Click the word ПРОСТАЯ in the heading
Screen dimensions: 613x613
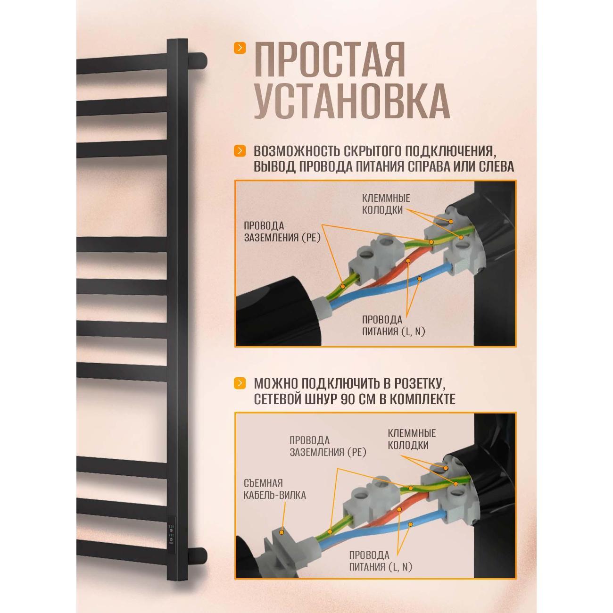329,59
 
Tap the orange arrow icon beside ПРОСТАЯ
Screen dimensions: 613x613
240,48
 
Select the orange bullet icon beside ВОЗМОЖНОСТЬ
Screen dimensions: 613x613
240,151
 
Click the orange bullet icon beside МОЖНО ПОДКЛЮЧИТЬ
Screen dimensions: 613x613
240,383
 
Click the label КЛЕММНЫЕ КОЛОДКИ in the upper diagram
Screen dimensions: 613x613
385,204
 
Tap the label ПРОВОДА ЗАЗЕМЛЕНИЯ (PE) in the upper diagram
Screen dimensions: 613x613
282,232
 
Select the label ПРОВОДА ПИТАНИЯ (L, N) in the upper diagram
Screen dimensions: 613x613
393,325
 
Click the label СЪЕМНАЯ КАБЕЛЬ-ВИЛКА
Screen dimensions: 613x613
274,489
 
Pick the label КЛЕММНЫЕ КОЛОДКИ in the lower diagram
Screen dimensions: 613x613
411,439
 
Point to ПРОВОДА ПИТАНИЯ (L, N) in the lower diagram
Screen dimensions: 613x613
381,561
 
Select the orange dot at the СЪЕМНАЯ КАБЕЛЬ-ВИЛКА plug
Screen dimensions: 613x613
282,531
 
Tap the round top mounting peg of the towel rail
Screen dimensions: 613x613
200,60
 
